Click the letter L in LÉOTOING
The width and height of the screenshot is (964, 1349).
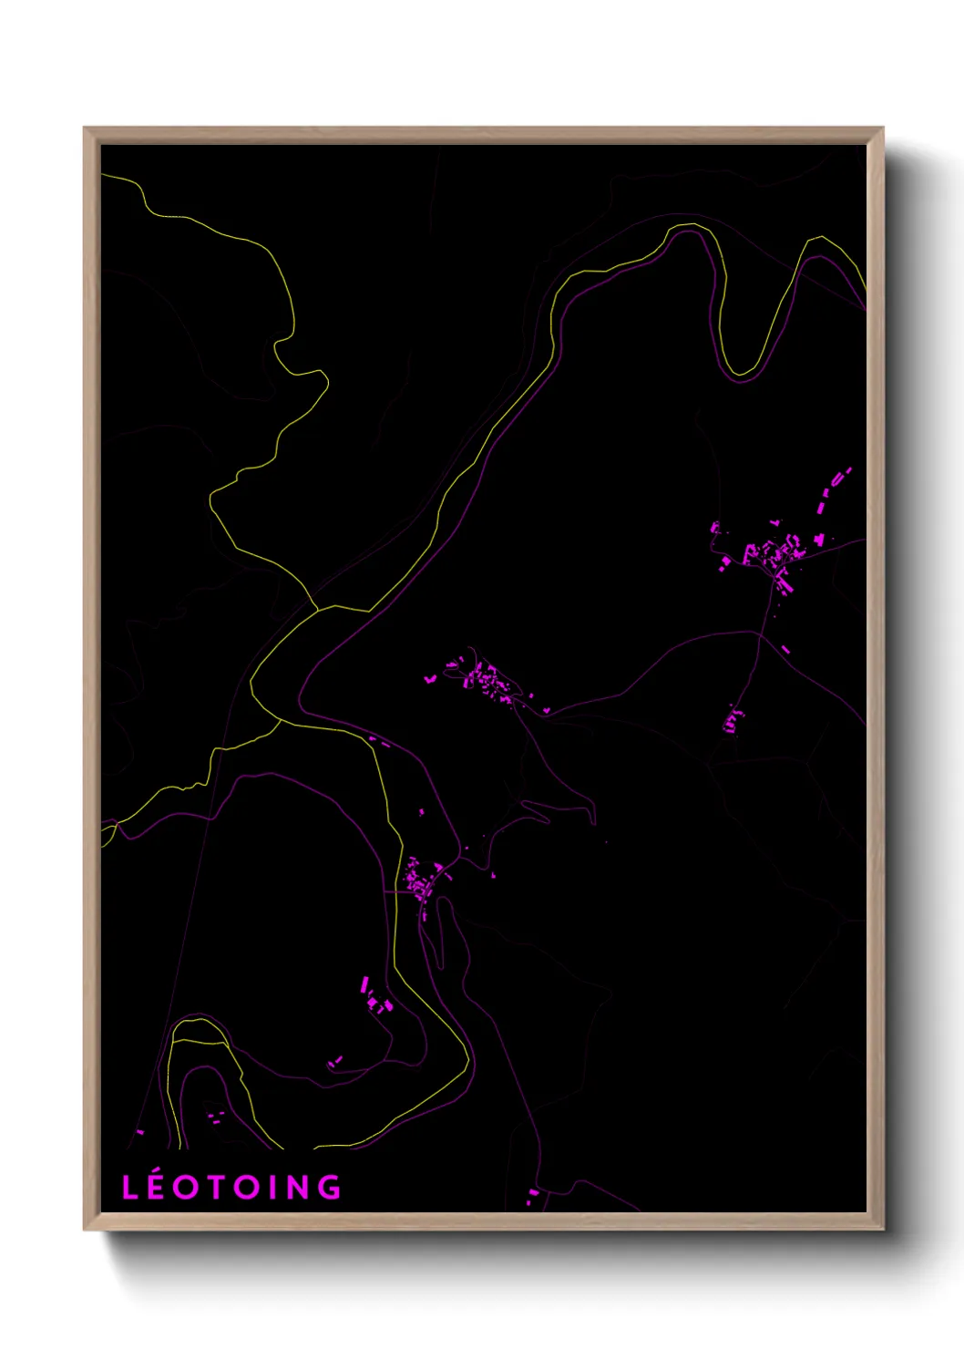click(131, 1188)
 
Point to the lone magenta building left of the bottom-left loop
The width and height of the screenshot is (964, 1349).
click(139, 1132)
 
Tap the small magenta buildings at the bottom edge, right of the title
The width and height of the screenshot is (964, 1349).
click(532, 1196)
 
